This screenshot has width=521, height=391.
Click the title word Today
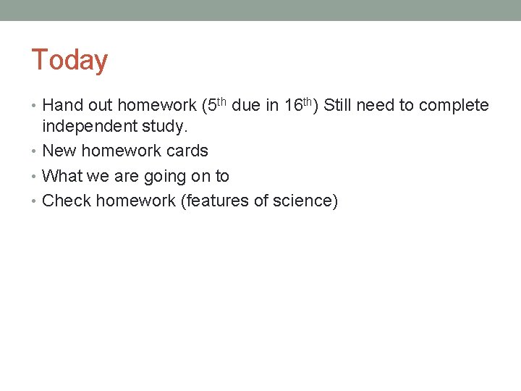point(69,60)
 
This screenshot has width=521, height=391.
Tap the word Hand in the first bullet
point(62,106)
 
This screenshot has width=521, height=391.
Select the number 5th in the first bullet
point(216,104)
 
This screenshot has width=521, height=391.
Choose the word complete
point(454,106)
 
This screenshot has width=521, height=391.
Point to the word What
point(62,176)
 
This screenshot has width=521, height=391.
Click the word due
point(246,106)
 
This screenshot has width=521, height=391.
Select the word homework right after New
point(119,151)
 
